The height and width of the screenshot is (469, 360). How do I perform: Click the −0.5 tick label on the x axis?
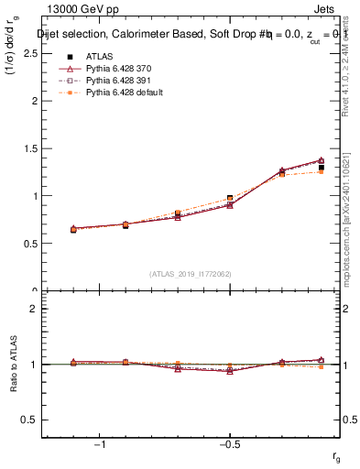(229, 443)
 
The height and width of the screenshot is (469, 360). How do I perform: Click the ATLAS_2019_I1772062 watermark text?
(191, 273)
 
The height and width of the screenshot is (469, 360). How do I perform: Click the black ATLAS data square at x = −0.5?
(230, 199)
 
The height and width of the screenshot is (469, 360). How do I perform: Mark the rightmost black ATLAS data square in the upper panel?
(321, 168)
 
